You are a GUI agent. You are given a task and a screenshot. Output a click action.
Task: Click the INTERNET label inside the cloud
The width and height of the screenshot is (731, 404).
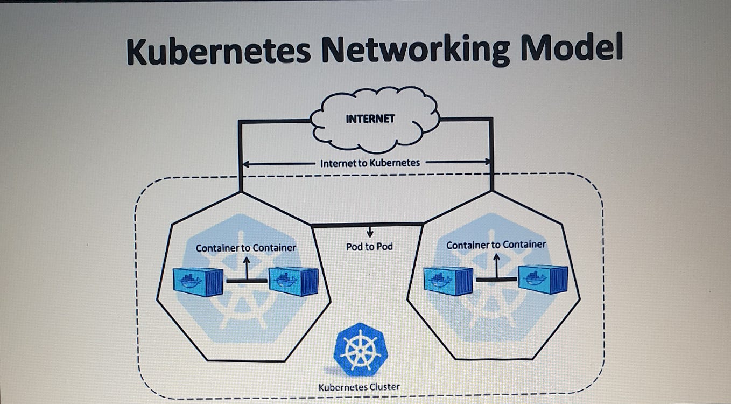370,119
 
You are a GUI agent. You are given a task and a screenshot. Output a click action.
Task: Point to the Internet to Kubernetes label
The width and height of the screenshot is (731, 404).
370,163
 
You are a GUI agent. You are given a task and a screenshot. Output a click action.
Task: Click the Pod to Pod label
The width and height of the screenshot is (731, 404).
369,247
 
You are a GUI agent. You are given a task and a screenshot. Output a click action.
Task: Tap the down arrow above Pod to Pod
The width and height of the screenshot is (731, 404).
370,233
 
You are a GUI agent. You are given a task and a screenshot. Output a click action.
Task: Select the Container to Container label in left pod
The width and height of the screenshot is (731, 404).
246,248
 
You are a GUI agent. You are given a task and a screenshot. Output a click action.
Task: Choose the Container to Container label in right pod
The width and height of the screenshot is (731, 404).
496,245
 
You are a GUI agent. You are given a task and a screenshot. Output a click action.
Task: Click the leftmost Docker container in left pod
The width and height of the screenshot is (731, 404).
198,282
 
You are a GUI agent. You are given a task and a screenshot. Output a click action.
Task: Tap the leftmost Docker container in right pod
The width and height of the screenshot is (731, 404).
448,280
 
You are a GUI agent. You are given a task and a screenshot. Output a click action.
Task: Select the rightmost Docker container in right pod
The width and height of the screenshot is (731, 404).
543,279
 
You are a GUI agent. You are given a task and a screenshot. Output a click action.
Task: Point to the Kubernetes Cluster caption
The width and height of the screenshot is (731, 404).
359,387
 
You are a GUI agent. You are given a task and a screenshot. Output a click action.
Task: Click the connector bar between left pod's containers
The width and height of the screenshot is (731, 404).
247,281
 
